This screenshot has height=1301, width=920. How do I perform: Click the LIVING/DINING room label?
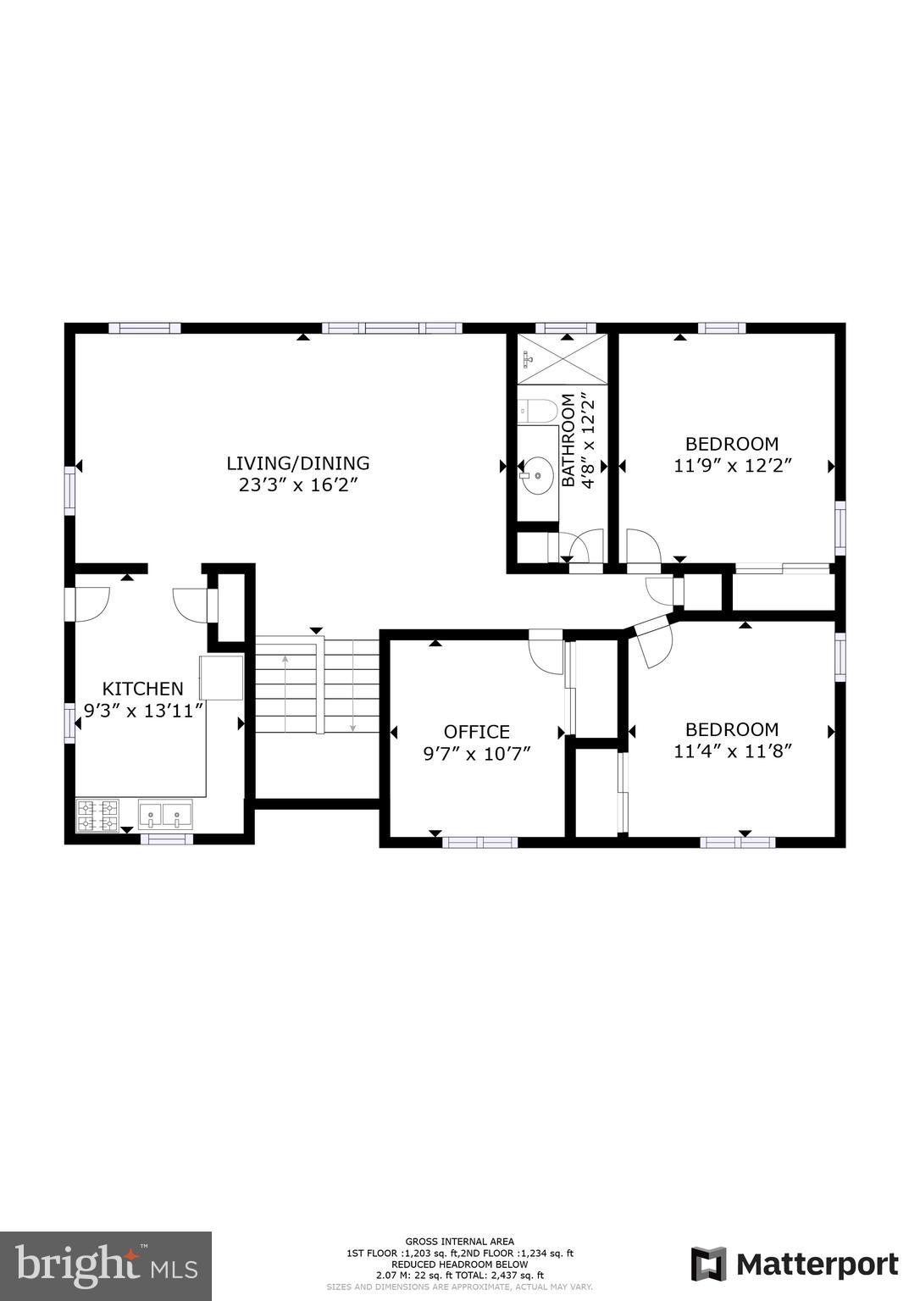(298, 463)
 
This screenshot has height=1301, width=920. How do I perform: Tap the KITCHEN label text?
(143, 689)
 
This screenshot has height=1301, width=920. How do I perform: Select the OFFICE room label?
(477, 732)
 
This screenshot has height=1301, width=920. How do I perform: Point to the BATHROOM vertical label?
(568, 440)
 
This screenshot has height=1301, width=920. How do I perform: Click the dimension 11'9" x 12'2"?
(733, 467)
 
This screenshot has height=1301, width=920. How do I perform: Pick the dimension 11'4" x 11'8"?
(733, 752)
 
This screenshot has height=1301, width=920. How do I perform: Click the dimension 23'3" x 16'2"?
(298, 485)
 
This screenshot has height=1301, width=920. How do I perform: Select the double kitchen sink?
(165, 814)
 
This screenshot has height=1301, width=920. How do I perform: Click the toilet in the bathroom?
(538, 411)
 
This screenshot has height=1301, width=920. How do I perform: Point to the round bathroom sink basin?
(538, 475)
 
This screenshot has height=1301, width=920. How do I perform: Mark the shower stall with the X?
(562, 359)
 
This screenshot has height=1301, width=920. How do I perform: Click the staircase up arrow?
(285, 694)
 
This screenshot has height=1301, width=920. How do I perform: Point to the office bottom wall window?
(479, 842)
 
